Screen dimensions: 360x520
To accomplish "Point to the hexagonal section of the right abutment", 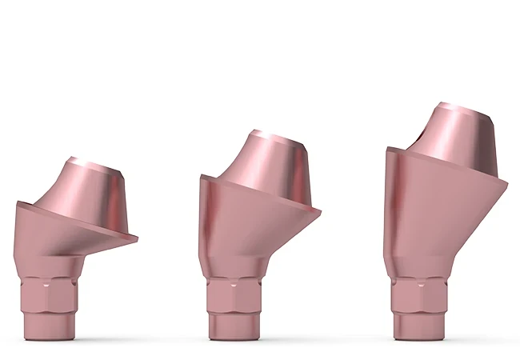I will pos(417,292).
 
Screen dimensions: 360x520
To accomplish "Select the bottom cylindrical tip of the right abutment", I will pos(417,324).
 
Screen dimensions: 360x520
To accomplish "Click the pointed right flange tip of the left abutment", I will pos(137,238).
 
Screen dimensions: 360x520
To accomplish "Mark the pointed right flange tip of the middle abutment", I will pos(320,212).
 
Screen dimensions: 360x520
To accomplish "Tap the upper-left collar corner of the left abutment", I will pos(16,204).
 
